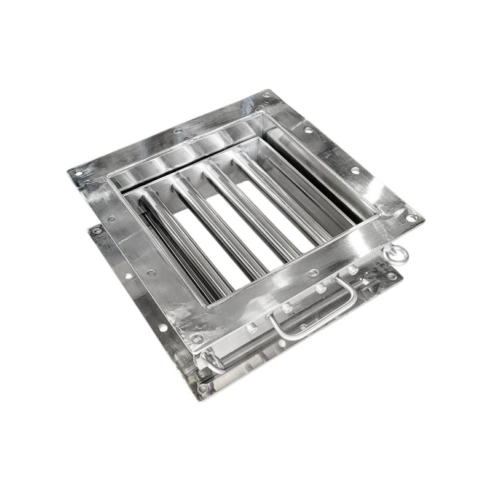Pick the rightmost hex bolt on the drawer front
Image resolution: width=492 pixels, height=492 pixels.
353,270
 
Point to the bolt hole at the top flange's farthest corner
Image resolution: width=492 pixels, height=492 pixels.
268,95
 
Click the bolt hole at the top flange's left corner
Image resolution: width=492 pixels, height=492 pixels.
78,173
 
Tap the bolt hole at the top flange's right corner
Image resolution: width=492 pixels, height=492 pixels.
411,218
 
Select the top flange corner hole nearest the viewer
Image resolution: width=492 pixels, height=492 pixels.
196,339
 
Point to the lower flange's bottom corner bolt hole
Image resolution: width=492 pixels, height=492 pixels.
203,388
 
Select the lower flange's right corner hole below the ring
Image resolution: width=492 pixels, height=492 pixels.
392,276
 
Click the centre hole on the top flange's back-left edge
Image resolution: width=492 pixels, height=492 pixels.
178,131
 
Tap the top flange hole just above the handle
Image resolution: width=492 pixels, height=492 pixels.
314,272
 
